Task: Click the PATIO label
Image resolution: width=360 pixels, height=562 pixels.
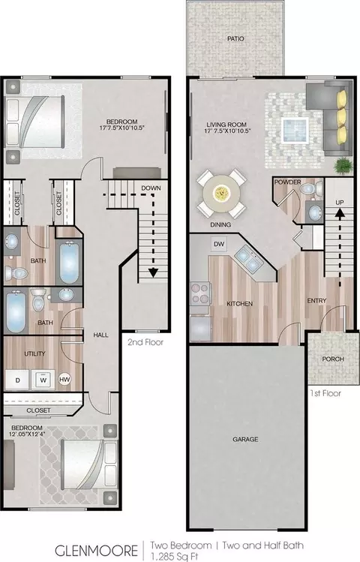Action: (235, 39)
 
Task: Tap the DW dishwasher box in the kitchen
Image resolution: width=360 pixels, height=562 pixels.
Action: (219, 244)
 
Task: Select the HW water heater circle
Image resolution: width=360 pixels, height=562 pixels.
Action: (64, 379)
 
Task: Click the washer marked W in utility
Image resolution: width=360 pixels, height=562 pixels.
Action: (43, 379)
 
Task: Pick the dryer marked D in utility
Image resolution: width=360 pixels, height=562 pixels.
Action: (17, 380)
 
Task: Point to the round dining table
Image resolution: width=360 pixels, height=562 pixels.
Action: (221, 194)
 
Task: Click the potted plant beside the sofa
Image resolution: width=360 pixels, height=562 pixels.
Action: (343, 167)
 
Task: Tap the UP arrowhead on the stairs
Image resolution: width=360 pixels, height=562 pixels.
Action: (340, 213)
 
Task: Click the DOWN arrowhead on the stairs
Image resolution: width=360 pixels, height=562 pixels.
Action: (153, 273)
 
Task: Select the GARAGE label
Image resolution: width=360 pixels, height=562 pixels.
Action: (245, 439)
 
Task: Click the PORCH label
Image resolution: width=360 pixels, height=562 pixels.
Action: (333, 359)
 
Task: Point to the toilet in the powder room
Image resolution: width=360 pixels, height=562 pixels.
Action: (310, 188)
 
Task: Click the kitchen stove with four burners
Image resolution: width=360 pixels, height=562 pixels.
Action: (199, 293)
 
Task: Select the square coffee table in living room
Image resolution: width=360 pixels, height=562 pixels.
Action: (295, 129)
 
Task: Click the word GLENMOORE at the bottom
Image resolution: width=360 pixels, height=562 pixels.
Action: (96, 551)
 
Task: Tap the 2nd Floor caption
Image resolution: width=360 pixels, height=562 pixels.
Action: (145, 342)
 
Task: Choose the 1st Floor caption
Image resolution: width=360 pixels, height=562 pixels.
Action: (325, 393)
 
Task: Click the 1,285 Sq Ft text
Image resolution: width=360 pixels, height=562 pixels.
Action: (175, 557)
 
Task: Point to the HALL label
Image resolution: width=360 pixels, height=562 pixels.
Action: (100, 335)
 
